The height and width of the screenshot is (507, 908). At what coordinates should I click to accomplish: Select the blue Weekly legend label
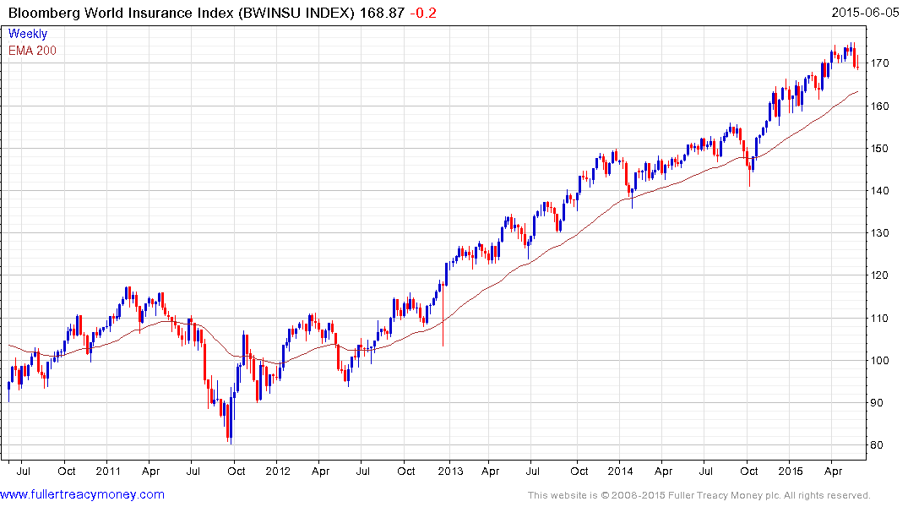point(28,34)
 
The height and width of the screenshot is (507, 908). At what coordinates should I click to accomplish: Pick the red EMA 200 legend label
point(33,51)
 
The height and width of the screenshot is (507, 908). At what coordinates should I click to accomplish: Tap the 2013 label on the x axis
point(449,471)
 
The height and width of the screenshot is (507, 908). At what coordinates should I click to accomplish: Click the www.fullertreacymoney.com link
point(82,494)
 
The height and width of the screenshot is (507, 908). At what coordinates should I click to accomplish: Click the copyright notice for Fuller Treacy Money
point(699,495)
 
